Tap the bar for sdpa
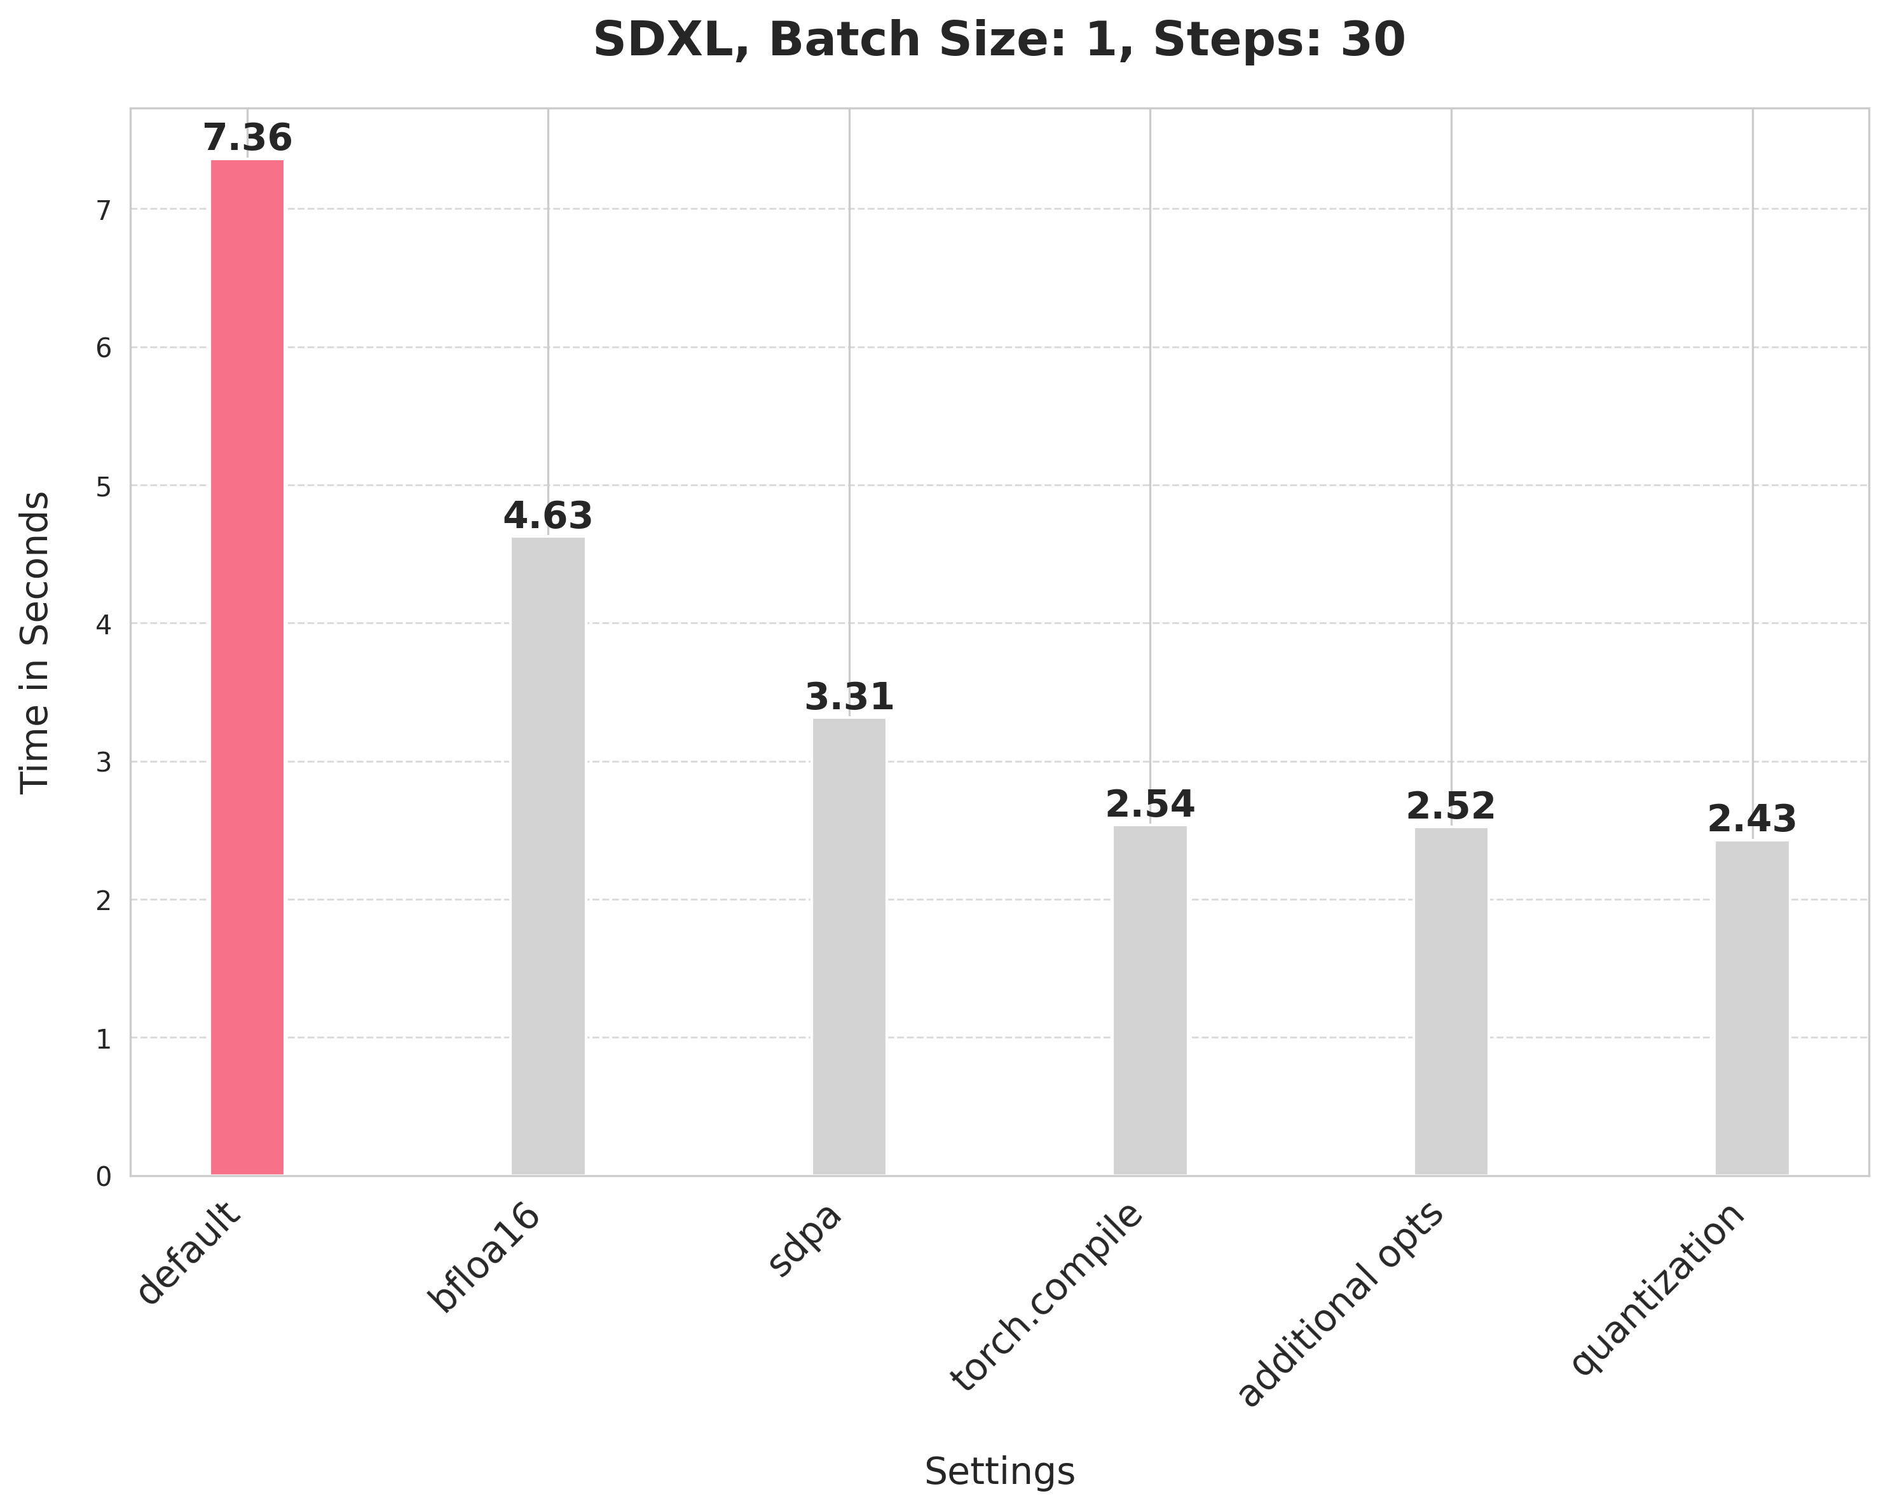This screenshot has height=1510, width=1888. click(849, 946)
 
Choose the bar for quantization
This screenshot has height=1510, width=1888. click(1751, 1007)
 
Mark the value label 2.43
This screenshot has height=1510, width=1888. click(1751, 820)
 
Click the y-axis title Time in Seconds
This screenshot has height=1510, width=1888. click(35, 643)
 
